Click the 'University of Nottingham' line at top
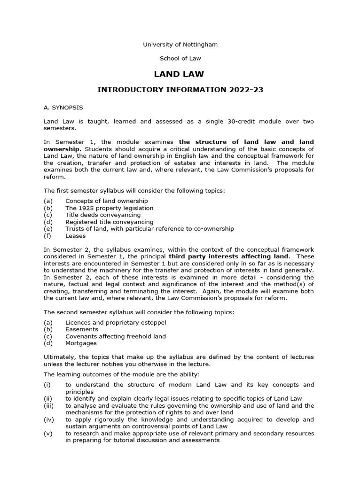tap(180, 45)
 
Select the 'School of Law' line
tap(180, 59)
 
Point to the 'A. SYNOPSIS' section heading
tap(63, 108)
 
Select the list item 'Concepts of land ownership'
tap(106, 201)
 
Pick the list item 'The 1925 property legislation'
tap(109, 208)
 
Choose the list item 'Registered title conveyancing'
tap(109, 222)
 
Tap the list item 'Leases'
tap(75, 236)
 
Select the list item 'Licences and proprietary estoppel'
tap(116, 323)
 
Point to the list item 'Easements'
tap(81, 329)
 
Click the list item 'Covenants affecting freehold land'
tap(116, 336)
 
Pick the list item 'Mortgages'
tap(81, 343)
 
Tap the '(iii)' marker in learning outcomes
tap(49, 406)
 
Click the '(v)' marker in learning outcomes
tap(48, 434)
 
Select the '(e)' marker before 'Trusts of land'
tap(48, 229)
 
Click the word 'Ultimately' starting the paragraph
tap(60, 357)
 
